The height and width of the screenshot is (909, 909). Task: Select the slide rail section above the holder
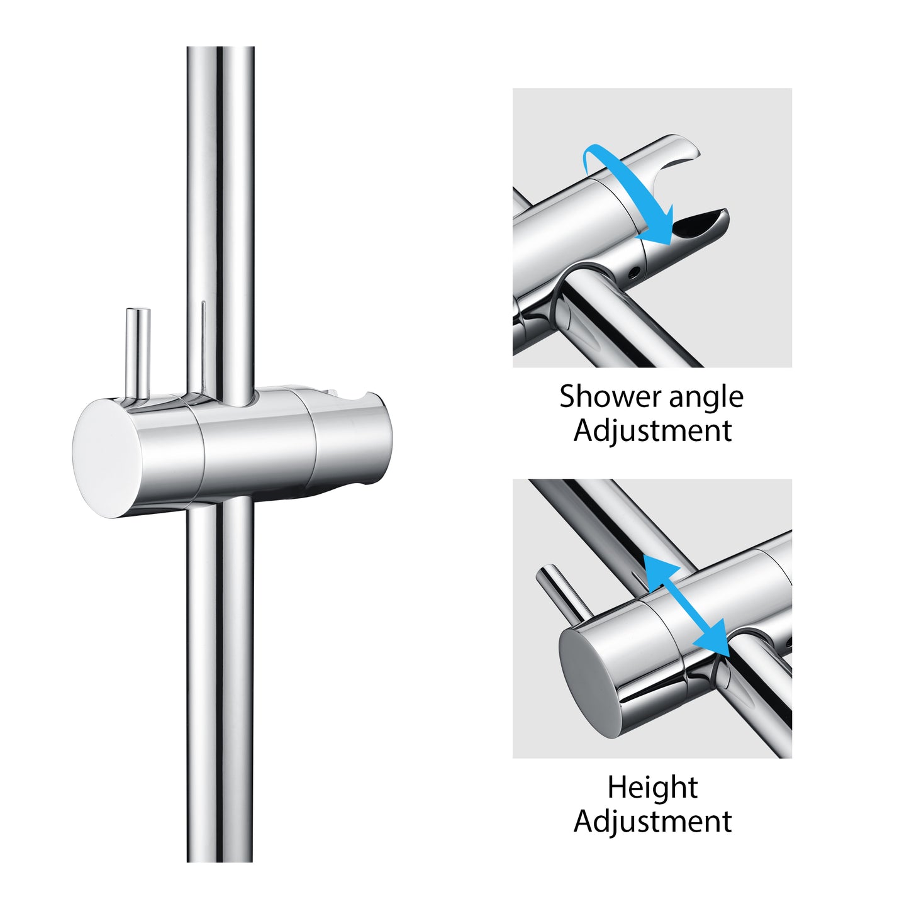(x=220, y=221)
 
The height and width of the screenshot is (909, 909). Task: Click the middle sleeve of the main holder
(x=257, y=448)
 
